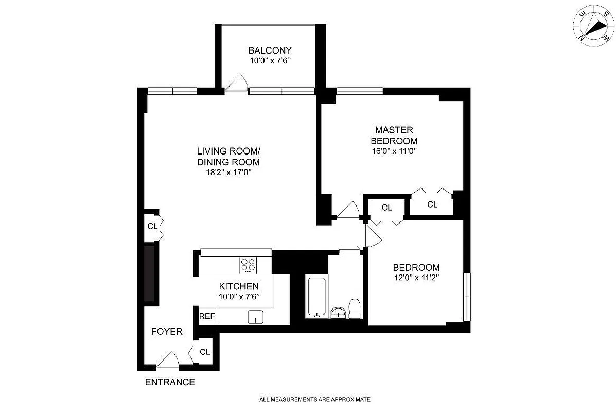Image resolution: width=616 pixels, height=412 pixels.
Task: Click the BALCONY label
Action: [x=270, y=50]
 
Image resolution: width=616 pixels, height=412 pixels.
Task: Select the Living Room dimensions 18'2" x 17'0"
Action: [x=228, y=173]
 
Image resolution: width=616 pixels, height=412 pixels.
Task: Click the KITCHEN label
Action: [x=239, y=286]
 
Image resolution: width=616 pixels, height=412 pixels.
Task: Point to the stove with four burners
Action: [x=248, y=265]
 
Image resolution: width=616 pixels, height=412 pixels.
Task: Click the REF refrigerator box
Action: [x=207, y=316]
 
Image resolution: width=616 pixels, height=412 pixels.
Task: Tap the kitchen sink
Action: [x=255, y=317]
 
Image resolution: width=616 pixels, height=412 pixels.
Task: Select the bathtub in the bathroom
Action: [x=315, y=298]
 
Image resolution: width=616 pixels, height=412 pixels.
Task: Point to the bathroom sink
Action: [x=338, y=312]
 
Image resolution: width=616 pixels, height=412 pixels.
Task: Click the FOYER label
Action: [x=166, y=332]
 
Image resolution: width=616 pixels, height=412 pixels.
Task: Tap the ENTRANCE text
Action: [x=169, y=382]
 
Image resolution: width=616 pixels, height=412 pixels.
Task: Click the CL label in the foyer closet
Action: [x=205, y=352]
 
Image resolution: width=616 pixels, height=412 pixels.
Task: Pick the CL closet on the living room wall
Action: [x=152, y=226]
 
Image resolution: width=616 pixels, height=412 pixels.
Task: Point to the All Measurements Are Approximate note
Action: [x=315, y=399]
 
